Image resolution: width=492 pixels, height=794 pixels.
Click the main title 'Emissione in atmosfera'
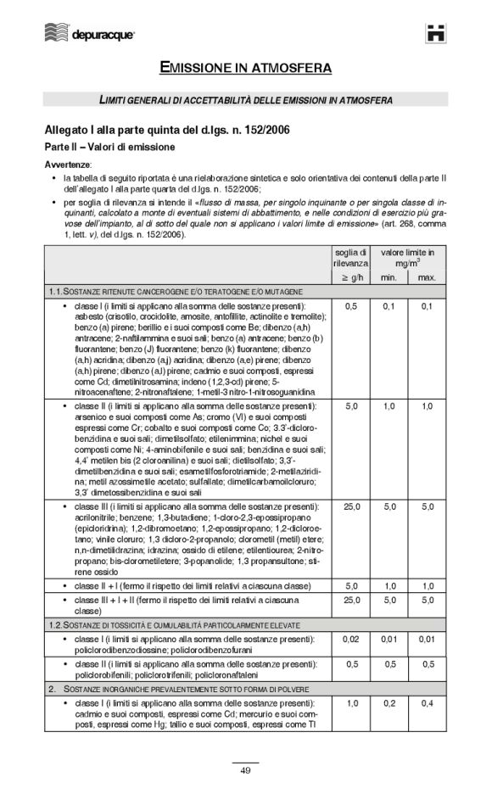click(245, 67)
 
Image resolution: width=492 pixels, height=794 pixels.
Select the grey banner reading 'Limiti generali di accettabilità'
click(245, 100)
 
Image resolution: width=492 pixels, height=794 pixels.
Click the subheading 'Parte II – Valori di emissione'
click(109, 147)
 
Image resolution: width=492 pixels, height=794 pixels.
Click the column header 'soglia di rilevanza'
click(349, 258)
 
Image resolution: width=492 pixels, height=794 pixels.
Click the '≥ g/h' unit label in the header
click(349, 278)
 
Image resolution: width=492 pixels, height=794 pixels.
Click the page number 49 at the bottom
click(245, 769)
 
